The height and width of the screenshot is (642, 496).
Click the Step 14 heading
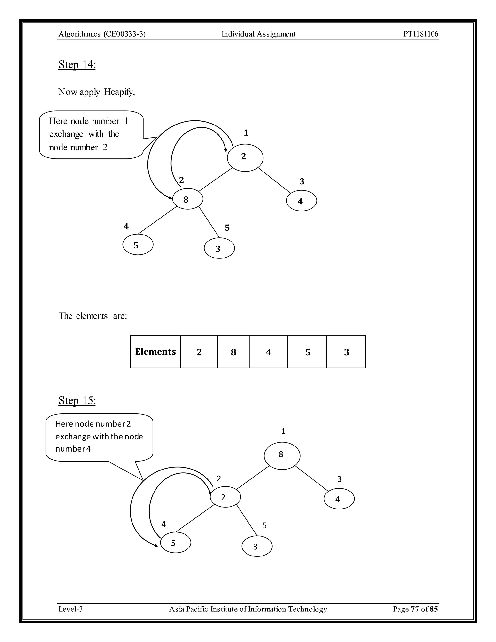77,64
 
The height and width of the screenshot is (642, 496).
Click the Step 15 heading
77,400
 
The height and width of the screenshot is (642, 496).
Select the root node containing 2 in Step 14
245,157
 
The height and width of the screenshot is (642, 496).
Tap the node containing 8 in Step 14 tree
187,199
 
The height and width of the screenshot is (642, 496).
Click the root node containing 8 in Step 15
282,456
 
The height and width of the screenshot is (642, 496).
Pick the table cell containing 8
233,352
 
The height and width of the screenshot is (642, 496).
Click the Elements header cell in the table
155,352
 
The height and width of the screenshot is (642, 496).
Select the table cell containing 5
307,352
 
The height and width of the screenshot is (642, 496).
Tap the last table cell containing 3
346,352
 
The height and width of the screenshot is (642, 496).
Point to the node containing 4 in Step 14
301,201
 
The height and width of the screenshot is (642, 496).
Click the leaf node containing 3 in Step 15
257,546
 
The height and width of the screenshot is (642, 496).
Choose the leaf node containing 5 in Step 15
175,543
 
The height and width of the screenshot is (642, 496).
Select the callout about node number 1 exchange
91,134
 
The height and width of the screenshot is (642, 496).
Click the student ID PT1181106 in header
420,34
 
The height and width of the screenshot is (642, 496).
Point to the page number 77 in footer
415,609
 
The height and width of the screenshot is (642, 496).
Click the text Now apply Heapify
97,92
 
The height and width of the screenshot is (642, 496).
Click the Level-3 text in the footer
70,609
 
